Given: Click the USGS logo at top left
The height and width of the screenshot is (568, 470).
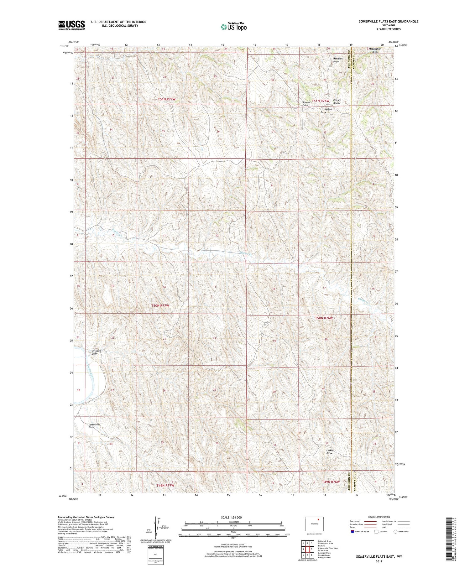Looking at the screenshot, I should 71,25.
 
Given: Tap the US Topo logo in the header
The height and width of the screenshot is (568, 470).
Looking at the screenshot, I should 233,27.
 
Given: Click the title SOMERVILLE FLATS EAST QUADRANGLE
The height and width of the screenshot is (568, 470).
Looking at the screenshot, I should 389,21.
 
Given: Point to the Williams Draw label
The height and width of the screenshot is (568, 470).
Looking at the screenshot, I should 97,352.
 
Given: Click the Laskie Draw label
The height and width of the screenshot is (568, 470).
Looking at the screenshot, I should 329,452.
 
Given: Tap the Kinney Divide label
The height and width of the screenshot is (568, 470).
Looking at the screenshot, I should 337,102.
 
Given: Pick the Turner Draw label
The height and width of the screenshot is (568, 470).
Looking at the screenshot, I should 306,104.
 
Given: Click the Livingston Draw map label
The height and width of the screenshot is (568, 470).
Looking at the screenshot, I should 326,110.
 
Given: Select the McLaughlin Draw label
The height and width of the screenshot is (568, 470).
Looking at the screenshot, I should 375,50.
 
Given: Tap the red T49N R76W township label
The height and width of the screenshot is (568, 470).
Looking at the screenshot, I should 331,482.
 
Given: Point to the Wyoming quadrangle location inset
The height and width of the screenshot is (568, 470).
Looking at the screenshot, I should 314,524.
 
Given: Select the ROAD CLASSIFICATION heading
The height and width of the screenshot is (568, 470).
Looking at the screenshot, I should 379,517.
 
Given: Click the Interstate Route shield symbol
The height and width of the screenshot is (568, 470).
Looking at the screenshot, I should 353,532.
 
